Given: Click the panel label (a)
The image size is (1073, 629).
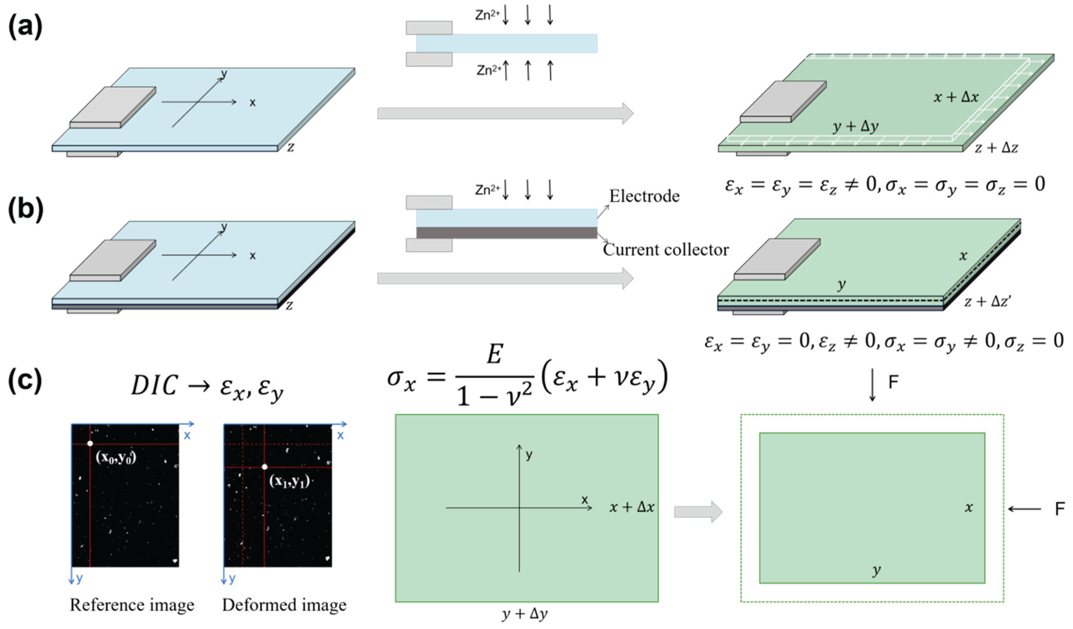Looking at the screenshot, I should click(x=26, y=28).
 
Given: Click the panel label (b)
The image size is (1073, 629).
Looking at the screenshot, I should click(x=26, y=210).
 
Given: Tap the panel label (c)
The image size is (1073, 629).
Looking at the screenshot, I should click(x=26, y=380).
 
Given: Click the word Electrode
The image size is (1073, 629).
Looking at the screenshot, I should click(x=644, y=196).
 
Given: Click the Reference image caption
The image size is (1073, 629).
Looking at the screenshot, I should click(x=132, y=605).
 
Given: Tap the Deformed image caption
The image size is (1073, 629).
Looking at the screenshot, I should click(x=284, y=605).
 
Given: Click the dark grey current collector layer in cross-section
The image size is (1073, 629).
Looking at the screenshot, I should click(x=507, y=233).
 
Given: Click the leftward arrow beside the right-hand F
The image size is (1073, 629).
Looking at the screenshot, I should click(x=1024, y=509).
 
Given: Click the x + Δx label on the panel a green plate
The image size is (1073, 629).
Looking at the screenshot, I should click(x=956, y=97).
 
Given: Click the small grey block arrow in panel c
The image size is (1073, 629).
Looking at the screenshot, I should click(x=698, y=511).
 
